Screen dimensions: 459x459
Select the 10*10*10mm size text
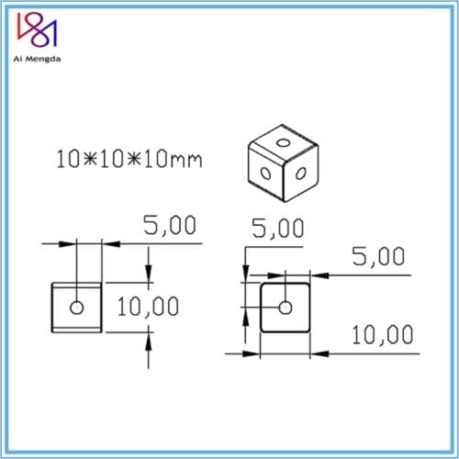(x=129, y=159)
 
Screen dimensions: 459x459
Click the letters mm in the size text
(x=186, y=161)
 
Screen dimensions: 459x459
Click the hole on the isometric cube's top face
(x=284, y=143)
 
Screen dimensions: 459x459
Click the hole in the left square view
(x=75, y=307)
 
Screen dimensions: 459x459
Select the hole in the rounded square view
(x=285, y=307)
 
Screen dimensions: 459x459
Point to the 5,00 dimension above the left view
(x=169, y=226)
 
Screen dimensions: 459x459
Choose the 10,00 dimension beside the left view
(x=147, y=306)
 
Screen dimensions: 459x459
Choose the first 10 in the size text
(x=67, y=159)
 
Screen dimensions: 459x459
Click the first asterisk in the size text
(x=87, y=159)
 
